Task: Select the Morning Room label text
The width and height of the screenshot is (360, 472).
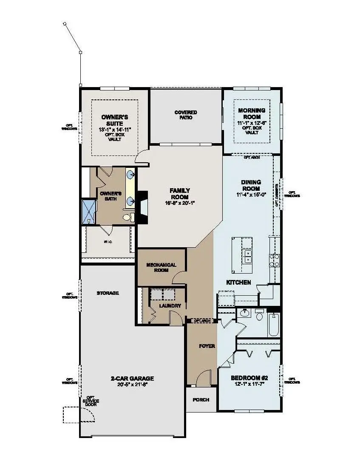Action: coord(252,113)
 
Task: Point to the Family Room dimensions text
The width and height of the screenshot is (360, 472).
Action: coord(180,203)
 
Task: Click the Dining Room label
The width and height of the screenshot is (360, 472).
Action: coord(251,185)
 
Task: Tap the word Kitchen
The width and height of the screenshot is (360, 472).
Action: coord(238,282)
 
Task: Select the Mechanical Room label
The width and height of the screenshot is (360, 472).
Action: coord(161,267)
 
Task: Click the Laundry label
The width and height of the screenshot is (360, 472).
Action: coord(170,305)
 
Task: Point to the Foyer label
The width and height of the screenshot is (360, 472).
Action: coord(207,346)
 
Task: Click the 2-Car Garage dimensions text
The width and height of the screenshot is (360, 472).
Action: coord(132,384)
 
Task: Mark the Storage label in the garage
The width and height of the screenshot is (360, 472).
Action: coord(108,293)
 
